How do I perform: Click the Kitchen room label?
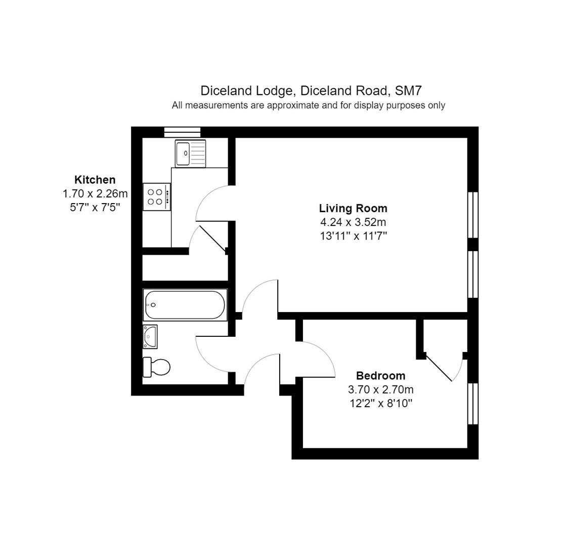[x=95, y=180]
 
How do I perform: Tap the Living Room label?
[x=353, y=208]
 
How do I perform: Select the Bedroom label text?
[x=380, y=376]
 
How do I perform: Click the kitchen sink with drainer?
[x=190, y=153]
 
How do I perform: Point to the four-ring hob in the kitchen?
[x=157, y=197]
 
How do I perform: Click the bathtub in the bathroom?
[x=185, y=305]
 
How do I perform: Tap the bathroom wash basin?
[x=150, y=337]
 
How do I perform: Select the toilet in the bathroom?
[x=156, y=367]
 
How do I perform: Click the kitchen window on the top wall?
[x=182, y=132]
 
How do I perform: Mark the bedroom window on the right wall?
[x=473, y=404]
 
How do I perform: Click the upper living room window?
[x=473, y=215]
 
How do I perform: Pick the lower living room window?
[x=473, y=275]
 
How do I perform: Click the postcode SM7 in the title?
[x=408, y=90]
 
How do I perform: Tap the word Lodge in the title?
[x=276, y=91]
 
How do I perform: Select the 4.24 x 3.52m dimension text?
[x=353, y=222]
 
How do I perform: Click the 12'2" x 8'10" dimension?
[x=381, y=403]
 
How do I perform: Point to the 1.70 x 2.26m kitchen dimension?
[x=95, y=194]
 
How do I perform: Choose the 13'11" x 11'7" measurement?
[x=354, y=236]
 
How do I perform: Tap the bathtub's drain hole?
[x=153, y=305]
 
